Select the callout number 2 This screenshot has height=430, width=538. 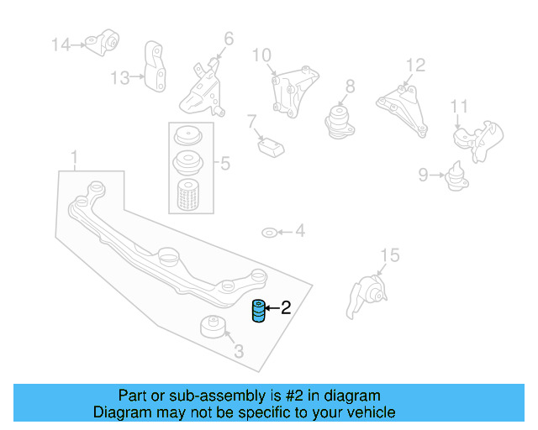point(286,308)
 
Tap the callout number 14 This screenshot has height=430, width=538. point(61,44)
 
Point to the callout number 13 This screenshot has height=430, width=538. point(120,78)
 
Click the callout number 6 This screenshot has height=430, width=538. point(229,38)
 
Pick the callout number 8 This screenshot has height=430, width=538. point(350,86)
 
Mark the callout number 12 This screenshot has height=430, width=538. point(415,65)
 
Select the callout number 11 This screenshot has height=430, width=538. point(458,106)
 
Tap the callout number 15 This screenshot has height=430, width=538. point(388,254)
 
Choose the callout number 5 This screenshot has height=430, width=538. point(225,163)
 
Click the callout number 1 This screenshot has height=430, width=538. point(75,157)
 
